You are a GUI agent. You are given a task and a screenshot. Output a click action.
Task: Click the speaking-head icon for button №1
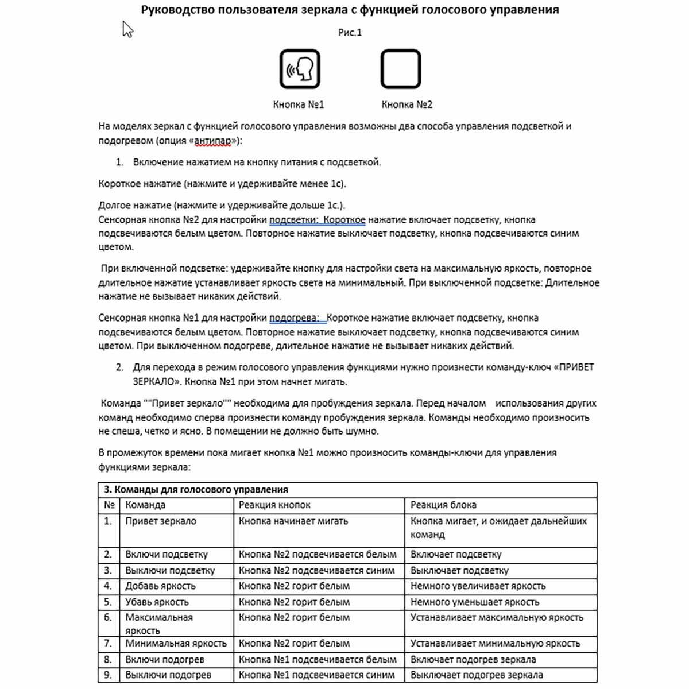[300, 69]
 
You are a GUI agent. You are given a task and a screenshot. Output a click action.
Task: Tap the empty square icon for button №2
[401, 69]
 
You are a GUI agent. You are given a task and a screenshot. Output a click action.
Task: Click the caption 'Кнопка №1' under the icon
[299, 104]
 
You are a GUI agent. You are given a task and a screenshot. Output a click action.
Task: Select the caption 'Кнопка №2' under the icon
[407, 104]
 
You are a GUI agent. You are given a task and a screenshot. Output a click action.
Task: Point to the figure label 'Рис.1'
[350, 33]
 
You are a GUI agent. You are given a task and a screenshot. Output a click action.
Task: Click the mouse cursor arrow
[127, 29]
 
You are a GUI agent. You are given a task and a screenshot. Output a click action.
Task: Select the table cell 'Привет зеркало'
[161, 521]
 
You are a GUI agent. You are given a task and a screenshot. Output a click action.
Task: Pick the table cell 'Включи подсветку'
[167, 555]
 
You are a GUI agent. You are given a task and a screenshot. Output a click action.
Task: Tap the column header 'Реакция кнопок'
[274, 505]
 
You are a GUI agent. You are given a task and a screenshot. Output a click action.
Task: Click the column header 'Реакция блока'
[443, 505]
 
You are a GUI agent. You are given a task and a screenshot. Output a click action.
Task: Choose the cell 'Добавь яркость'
[161, 586]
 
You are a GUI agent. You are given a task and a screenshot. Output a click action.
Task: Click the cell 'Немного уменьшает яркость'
[475, 602]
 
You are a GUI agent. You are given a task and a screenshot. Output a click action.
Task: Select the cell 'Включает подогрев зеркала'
[473, 660]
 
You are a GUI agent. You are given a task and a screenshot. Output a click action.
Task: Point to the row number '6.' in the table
[108, 618]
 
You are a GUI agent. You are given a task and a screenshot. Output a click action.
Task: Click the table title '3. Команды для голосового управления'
[196, 490]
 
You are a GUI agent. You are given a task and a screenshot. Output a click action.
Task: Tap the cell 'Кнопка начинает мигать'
[293, 521]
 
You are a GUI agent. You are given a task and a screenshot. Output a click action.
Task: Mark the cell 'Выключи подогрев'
[168, 675]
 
